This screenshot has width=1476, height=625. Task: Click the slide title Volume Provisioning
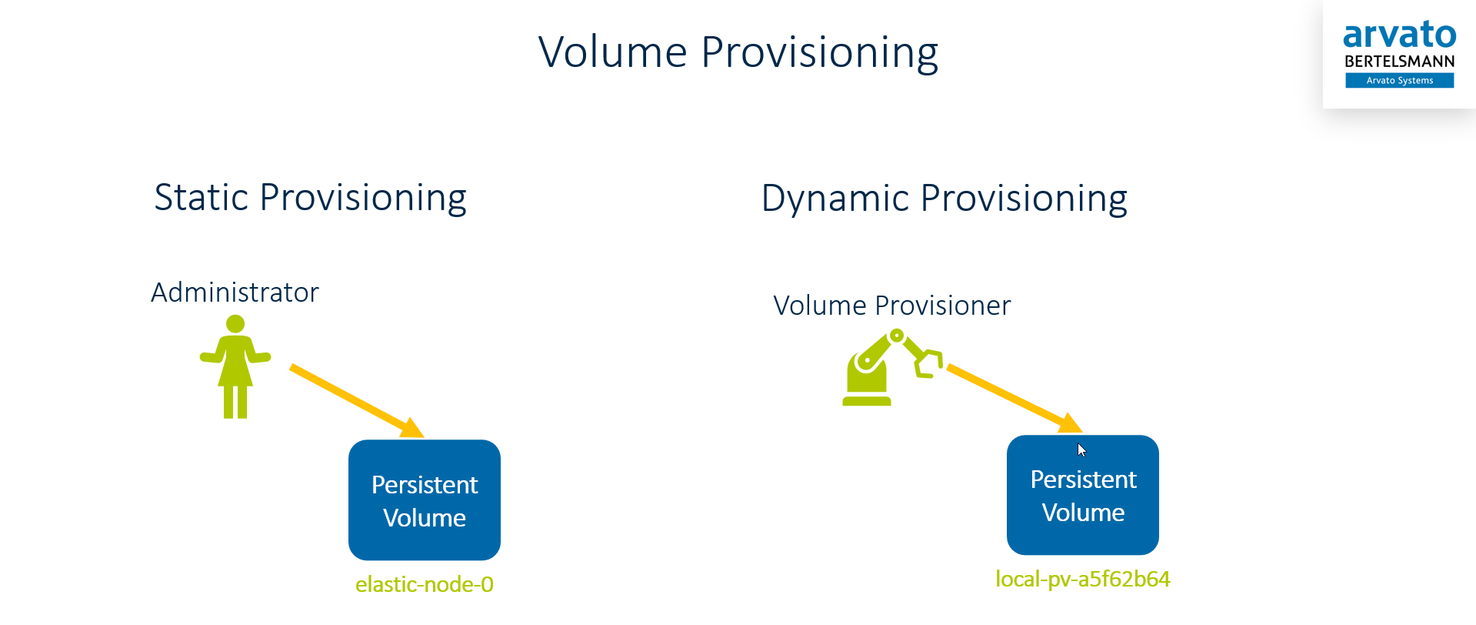(x=738, y=52)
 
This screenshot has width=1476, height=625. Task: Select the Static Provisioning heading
(x=310, y=198)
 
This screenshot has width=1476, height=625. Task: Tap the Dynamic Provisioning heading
(x=944, y=199)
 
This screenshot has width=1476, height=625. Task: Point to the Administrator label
(x=235, y=292)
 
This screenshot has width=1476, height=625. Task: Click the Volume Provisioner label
(x=891, y=306)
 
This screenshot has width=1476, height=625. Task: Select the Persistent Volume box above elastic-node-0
(x=425, y=500)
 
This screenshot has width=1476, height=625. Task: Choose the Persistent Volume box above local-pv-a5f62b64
(x=1082, y=495)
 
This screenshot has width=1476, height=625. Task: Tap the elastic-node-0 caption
(x=425, y=584)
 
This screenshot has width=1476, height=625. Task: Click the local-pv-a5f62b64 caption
(x=1082, y=579)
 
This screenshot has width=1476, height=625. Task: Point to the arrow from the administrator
(x=355, y=401)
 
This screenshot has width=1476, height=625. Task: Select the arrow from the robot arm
(x=1014, y=398)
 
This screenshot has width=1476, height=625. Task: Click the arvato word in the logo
(x=1399, y=35)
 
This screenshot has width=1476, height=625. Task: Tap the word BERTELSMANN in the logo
(x=1399, y=62)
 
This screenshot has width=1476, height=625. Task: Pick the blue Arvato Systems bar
(x=1399, y=80)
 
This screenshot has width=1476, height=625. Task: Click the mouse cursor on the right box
(x=1081, y=450)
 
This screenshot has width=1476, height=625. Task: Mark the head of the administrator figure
(x=235, y=324)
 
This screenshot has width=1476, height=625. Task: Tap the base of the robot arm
(x=867, y=399)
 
